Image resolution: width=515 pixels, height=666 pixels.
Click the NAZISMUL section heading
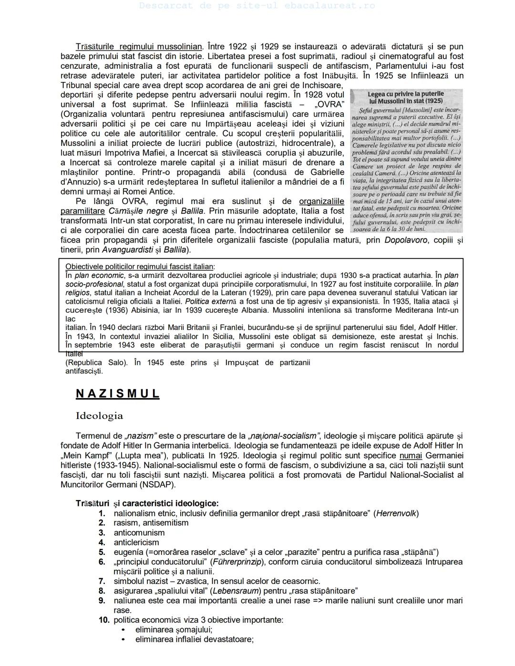tap(117, 394)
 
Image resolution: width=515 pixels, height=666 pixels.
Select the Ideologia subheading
tap(99, 416)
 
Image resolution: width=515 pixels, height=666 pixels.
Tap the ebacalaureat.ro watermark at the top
tap(257, 6)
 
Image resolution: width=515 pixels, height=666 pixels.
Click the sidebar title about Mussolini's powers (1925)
tap(406, 97)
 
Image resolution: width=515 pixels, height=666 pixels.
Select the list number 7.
tap(102, 581)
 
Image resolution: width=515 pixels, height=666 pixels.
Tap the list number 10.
tap(103, 620)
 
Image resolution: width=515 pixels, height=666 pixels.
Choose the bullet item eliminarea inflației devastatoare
tap(194, 639)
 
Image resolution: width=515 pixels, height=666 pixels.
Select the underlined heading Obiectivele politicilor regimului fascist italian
tap(140, 266)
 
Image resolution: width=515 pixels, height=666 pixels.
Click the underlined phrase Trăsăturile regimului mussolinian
tap(139, 47)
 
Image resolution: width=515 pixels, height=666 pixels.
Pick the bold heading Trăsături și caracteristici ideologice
tap(147, 503)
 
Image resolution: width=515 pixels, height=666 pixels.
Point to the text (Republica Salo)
tap(96, 362)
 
